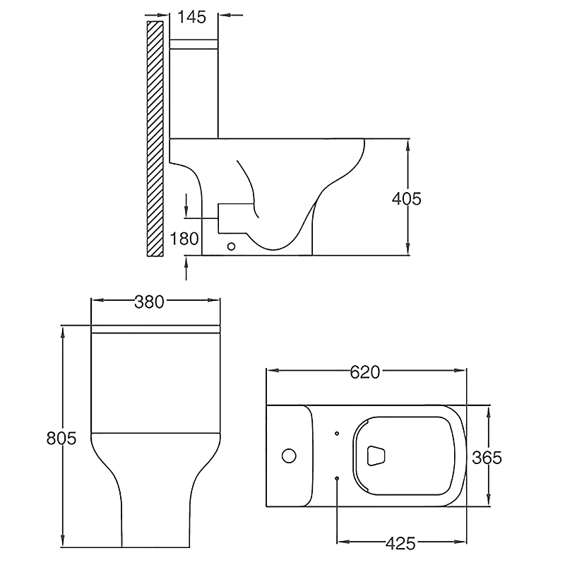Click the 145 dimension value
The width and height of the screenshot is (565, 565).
coord(192,17)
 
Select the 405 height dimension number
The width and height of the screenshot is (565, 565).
coord(407,198)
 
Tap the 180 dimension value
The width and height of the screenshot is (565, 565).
coord(185,238)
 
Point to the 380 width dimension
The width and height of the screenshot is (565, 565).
coord(149,302)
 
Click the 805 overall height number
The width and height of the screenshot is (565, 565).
coord(61,438)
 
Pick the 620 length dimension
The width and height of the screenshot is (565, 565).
coord(366,371)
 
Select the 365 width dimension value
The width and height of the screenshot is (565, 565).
coord(487,457)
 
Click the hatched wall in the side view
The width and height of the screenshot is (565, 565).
coord(153,138)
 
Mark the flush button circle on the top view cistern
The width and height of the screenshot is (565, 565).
coord(289,456)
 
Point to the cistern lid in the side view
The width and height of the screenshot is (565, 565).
coord(194,44)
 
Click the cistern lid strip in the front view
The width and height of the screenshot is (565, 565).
coord(156,329)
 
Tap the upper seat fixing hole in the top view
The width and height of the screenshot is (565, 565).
coord(337,433)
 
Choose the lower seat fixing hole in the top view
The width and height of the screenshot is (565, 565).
coord(337,480)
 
